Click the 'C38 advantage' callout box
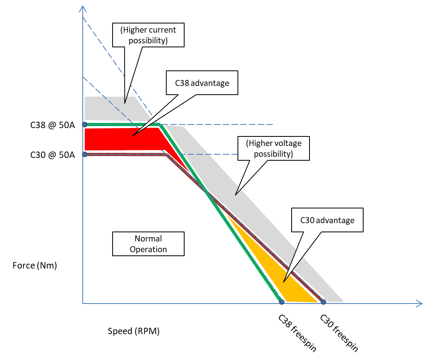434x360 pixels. pyautogui.click(x=202, y=83)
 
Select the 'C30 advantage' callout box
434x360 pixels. pyautogui.click(x=327, y=220)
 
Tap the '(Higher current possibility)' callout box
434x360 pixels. pyautogui.click(x=149, y=35)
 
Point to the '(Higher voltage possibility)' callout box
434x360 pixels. pyautogui.click(x=273, y=148)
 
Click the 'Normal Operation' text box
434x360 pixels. pyautogui.click(x=148, y=244)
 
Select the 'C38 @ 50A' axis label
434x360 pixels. pyautogui.click(x=53, y=125)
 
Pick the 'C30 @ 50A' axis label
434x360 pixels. pyautogui.click(x=53, y=155)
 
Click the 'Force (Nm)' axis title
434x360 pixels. pyautogui.click(x=35, y=265)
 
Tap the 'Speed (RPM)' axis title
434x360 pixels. pyautogui.click(x=134, y=331)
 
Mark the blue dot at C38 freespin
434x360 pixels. pyautogui.click(x=282, y=302)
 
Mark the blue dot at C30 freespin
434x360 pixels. pyautogui.click(x=323, y=302)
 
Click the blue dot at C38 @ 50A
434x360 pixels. pyautogui.click(x=85, y=125)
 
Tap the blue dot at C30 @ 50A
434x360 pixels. pyautogui.click(x=85, y=154)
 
